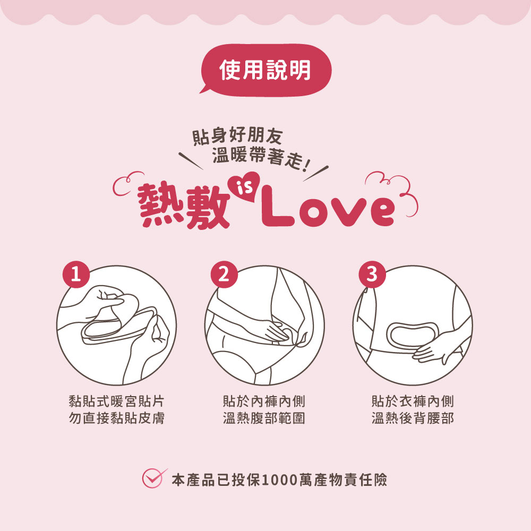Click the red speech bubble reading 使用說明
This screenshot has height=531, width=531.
[x=265, y=69]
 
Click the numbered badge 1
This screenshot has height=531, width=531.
[x=76, y=275]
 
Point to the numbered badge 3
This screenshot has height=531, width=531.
[x=372, y=275]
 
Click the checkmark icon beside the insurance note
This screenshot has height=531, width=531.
[x=153, y=478]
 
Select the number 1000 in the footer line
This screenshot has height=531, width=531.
[x=282, y=480]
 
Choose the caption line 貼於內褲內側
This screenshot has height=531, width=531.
[x=264, y=401]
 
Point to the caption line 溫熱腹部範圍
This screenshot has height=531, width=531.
[x=264, y=418]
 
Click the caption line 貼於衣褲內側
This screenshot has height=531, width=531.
[x=413, y=401]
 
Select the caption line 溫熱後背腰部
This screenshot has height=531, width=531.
[x=413, y=418]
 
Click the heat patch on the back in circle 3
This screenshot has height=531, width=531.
[x=413, y=335]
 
